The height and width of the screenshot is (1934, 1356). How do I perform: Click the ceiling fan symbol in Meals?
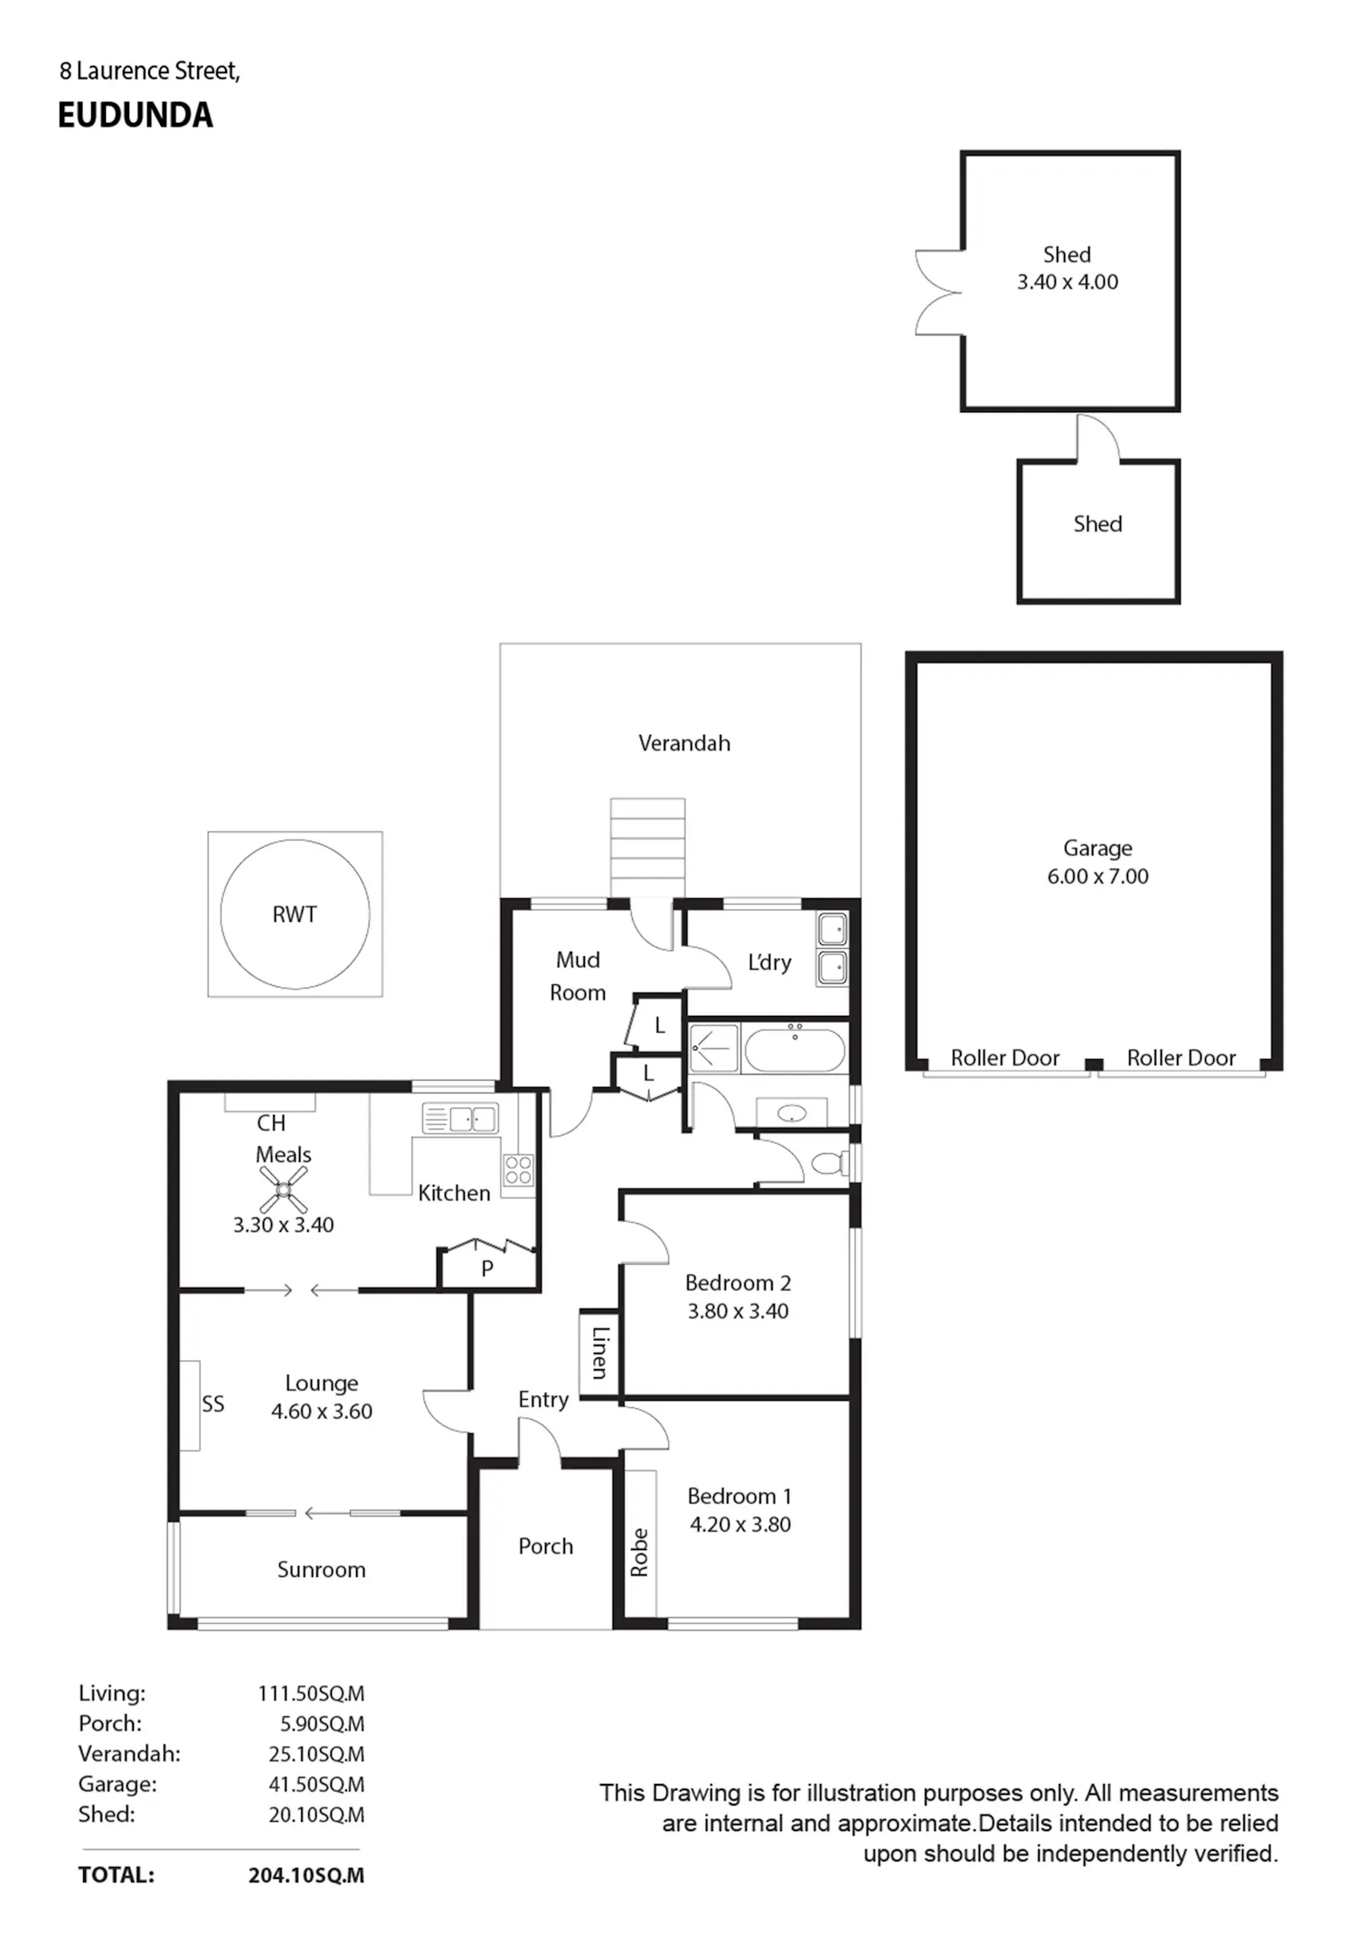(x=284, y=1189)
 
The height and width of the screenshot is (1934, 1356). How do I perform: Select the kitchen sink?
(x=460, y=1120)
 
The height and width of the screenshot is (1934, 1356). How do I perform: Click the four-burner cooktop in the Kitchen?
(x=518, y=1169)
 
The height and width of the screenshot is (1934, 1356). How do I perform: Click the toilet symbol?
(x=829, y=1162)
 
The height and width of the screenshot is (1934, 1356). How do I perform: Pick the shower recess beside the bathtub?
(x=714, y=1048)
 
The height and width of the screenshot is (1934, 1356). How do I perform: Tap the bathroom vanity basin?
(x=791, y=1113)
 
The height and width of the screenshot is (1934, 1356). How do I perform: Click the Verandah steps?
(x=647, y=848)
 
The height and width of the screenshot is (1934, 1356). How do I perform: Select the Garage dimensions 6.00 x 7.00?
(x=1097, y=876)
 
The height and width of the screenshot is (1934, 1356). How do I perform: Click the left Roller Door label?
(x=1004, y=1057)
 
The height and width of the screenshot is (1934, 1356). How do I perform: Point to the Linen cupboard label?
(x=599, y=1353)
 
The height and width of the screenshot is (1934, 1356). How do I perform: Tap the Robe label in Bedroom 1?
(x=639, y=1553)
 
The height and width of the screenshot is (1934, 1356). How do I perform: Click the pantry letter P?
(x=487, y=1269)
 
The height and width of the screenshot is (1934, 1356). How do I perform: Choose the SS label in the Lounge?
(x=212, y=1404)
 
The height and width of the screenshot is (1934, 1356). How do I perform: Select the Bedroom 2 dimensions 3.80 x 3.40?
(x=738, y=1310)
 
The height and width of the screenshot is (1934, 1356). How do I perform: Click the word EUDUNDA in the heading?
(x=136, y=115)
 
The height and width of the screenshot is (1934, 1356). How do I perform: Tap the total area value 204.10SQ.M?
(x=306, y=1875)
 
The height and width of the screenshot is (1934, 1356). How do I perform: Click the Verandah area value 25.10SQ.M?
(x=316, y=1754)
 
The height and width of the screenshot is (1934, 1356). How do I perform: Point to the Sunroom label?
(x=321, y=1570)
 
